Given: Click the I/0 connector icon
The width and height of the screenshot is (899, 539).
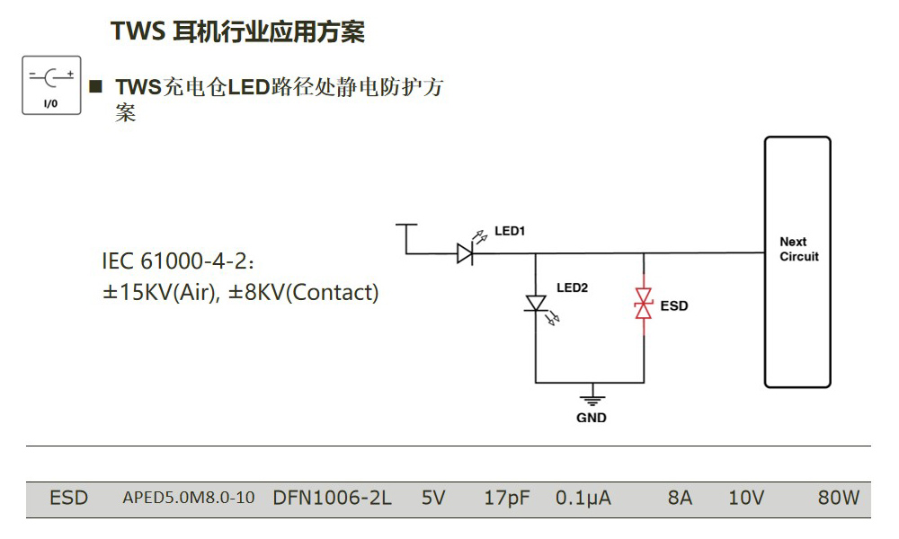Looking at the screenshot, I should (x=51, y=85).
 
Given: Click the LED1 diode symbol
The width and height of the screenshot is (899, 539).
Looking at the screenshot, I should (x=465, y=254).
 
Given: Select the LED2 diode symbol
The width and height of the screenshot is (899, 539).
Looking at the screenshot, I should (x=536, y=304).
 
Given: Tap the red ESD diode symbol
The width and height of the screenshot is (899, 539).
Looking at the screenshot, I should (x=644, y=304).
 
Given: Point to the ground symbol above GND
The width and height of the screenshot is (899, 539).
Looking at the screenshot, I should (x=591, y=396).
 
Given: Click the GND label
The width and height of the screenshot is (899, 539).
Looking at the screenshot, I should (x=591, y=418).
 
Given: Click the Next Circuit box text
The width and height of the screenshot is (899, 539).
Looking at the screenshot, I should (x=798, y=249).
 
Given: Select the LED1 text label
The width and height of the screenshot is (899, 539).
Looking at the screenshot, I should (x=510, y=231).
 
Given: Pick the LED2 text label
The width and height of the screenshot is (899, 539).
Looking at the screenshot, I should (x=572, y=288).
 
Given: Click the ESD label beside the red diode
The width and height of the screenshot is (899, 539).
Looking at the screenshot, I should (x=674, y=306).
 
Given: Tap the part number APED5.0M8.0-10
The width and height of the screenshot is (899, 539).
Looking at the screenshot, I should (x=188, y=498).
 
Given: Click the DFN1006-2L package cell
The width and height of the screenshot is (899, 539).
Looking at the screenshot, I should (x=332, y=498).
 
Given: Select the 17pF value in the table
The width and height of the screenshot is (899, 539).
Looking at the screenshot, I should (x=506, y=498).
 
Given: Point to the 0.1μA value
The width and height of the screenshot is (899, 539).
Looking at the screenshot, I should (x=583, y=498).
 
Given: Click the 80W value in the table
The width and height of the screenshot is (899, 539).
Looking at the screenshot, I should (x=838, y=498).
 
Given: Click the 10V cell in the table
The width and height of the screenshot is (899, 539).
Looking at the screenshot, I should (x=745, y=498).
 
